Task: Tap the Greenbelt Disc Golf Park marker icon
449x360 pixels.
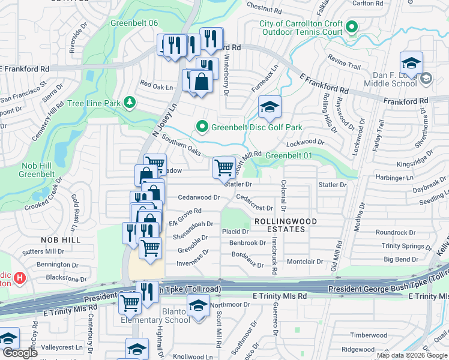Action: (202, 127)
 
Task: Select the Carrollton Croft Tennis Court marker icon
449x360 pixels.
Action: (352, 27)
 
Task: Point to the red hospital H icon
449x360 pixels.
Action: (20, 278)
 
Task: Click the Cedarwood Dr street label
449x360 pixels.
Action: (199, 197)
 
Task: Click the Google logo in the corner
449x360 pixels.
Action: (20, 353)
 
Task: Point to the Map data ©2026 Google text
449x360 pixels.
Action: (412, 355)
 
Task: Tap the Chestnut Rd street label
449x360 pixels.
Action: (264, 8)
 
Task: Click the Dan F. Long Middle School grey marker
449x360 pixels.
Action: (426, 78)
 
